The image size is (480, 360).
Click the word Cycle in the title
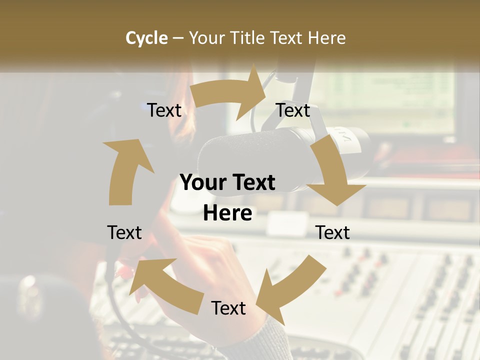coord(146,38)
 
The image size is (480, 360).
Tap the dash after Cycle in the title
coord(178,38)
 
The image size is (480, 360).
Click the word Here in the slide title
coord(327,38)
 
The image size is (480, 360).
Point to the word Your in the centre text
coord(200,183)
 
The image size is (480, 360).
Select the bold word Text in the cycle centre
coord(252,183)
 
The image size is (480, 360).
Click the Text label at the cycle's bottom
coord(228,308)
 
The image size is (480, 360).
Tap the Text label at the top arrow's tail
coord(164,110)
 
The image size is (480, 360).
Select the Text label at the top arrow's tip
coord(293,110)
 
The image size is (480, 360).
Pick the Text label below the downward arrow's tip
coord(332,232)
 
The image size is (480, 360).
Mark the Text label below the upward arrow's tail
coord(124,232)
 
